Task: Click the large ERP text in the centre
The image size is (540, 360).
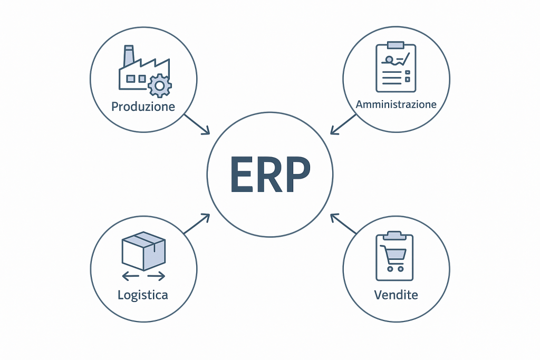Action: pos(269,175)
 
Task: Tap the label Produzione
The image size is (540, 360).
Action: pos(143,106)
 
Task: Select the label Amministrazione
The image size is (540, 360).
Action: pos(396,104)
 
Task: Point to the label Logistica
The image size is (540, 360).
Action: pos(142,295)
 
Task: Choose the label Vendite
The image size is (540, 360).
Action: pos(396,295)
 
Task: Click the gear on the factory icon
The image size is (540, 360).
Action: pos(159,84)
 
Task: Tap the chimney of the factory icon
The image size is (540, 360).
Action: pos(128,55)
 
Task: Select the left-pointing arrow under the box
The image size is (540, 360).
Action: pos(130,276)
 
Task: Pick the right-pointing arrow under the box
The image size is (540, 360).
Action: pos(157,276)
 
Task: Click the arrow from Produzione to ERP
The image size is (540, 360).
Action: pos(197,124)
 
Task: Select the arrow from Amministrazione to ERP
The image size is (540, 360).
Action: pos(343,124)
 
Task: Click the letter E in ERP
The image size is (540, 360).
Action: pos(240,175)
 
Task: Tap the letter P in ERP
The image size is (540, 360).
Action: pos(297,175)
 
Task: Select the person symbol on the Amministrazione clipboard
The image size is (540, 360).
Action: pos(389,60)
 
